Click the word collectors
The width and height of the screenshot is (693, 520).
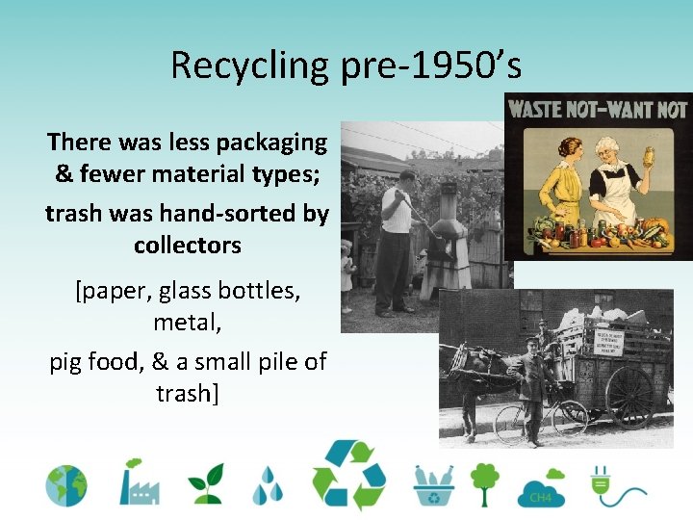pyautogui.click(x=188, y=245)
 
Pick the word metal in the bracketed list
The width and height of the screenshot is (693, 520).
pyautogui.click(x=187, y=323)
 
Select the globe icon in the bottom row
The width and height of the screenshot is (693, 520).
pyautogui.click(x=66, y=485)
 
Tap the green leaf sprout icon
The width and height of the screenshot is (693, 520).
pyautogui.click(x=205, y=484)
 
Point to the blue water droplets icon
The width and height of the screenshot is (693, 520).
pyautogui.click(x=268, y=485)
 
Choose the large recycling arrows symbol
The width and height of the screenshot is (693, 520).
pyautogui.click(x=348, y=476)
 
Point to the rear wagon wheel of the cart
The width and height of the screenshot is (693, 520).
pyautogui.click(x=630, y=395)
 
